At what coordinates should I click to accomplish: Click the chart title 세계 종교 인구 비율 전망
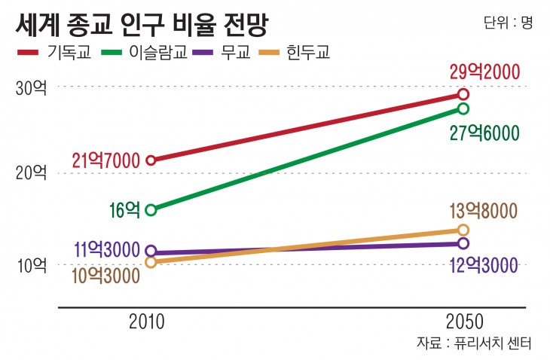coord(141,24)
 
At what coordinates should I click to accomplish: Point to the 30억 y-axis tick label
coord(31,87)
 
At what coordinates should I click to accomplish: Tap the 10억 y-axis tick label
coord(31,265)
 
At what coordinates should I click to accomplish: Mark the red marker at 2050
coord(463,94)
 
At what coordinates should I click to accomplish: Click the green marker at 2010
coord(151,209)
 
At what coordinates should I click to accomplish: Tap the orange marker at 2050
coord(463,230)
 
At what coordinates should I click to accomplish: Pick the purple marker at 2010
coord(151,251)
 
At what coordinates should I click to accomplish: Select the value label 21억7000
coord(106,160)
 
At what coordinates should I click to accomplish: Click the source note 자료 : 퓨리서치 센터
coord(475,343)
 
